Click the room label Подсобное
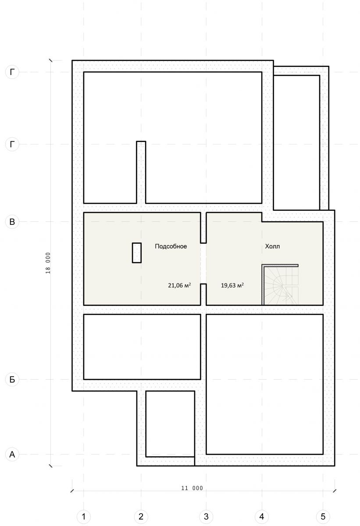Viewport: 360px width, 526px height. tap(171, 246)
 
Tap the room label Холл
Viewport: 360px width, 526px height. tap(272, 246)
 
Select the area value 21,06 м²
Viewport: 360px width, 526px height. tap(179, 285)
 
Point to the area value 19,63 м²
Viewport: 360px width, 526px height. tap(232, 285)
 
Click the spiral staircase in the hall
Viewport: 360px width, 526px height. tap(280, 285)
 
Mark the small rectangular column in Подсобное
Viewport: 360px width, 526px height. tap(137, 252)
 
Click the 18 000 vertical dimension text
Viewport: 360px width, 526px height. tap(48, 263)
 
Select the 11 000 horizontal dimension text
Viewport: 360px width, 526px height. tap(192, 488)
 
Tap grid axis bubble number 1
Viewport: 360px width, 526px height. tap(83, 517)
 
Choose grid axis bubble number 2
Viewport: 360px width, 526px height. tap(141, 517)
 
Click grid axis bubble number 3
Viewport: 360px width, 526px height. tap(206, 517)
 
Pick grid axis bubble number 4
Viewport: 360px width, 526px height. tap(262, 517)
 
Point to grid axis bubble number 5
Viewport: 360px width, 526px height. tap(323, 517)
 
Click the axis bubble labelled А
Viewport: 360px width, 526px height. tap(12, 455)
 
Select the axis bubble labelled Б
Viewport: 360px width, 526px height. tap(12, 379)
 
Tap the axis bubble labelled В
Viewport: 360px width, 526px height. tap(12, 221)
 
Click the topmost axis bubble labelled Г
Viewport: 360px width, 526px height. tap(12, 72)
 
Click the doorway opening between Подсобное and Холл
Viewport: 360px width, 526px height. tap(203, 263)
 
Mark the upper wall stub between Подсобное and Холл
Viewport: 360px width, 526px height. tap(203, 228)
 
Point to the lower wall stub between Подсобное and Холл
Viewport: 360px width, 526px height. tap(203, 295)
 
